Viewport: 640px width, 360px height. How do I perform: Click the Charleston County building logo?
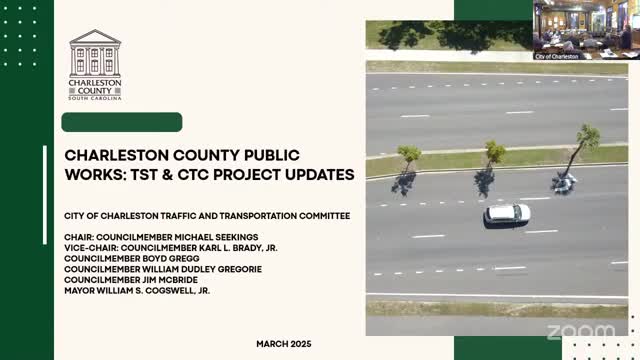(x=95, y=64)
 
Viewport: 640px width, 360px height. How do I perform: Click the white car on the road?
(x=507, y=215)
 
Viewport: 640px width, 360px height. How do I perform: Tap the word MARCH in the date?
(x=270, y=344)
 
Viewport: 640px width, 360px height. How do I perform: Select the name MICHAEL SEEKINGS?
(x=216, y=237)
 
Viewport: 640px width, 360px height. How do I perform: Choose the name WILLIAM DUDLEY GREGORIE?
(x=202, y=269)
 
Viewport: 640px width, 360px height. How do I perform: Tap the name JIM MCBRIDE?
(x=170, y=280)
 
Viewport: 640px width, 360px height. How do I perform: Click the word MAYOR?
(x=79, y=291)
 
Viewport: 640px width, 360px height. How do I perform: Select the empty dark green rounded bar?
(x=122, y=122)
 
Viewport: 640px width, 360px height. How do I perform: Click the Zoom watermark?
(x=581, y=331)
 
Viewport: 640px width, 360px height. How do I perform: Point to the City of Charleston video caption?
(x=557, y=56)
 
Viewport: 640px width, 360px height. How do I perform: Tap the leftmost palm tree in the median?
(x=409, y=158)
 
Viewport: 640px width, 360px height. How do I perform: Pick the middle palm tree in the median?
(x=494, y=155)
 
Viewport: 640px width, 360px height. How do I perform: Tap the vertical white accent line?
(x=45, y=195)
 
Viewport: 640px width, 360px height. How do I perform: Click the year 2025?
(x=299, y=344)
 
